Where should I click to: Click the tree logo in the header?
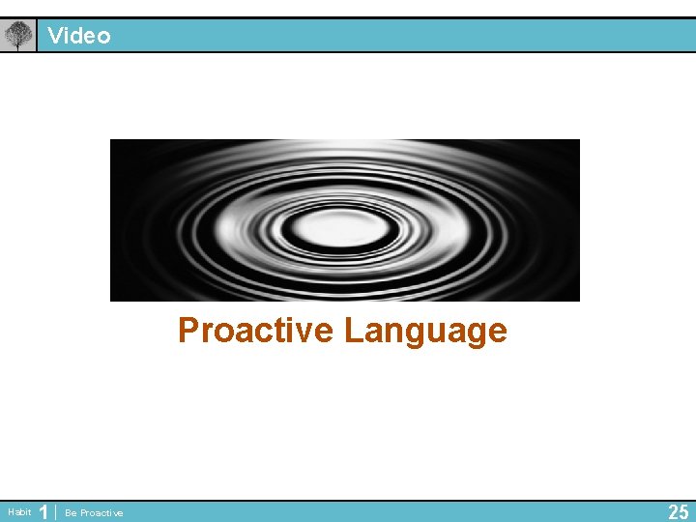(x=17, y=36)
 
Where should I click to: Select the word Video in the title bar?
(x=79, y=36)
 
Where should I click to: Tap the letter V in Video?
(x=56, y=36)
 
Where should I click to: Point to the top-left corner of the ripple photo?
(x=111, y=140)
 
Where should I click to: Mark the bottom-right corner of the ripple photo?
(x=578, y=301)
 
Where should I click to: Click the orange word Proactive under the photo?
(x=256, y=331)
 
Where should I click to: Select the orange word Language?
(x=425, y=331)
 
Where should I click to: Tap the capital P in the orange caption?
(x=188, y=331)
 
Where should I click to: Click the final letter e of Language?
(x=497, y=333)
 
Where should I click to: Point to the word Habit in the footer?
(x=19, y=511)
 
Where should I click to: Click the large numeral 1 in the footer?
(x=43, y=511)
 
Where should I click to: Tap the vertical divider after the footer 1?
(x=56, y=511)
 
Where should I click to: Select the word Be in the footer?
(x=70, y=512)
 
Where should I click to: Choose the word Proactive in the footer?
(x=101, y=512)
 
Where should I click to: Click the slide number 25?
(x=679, y=511)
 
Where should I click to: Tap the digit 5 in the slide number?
(x=684, y=511)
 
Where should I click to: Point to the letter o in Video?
(x=103, y=37)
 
